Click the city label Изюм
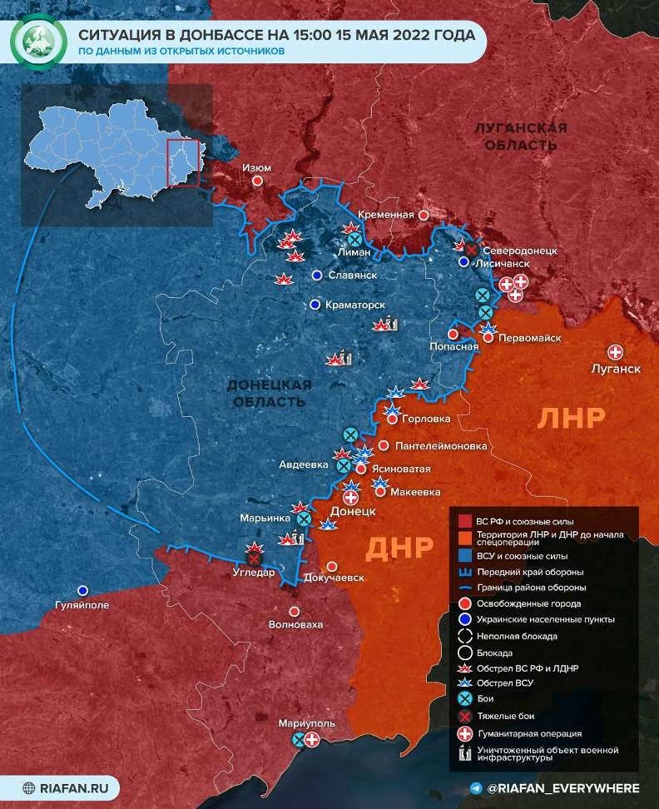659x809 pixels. click(x=256, y=167)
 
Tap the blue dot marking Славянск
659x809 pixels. click(x=316, y=275)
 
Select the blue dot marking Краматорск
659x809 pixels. click(x=315, y=305)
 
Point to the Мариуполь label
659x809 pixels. click(x=307, y=723)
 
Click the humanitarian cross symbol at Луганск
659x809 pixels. click(x=616, y=352)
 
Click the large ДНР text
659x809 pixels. click(x=399, y=547)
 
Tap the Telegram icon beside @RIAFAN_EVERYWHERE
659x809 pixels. click(x=475, y=787)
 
